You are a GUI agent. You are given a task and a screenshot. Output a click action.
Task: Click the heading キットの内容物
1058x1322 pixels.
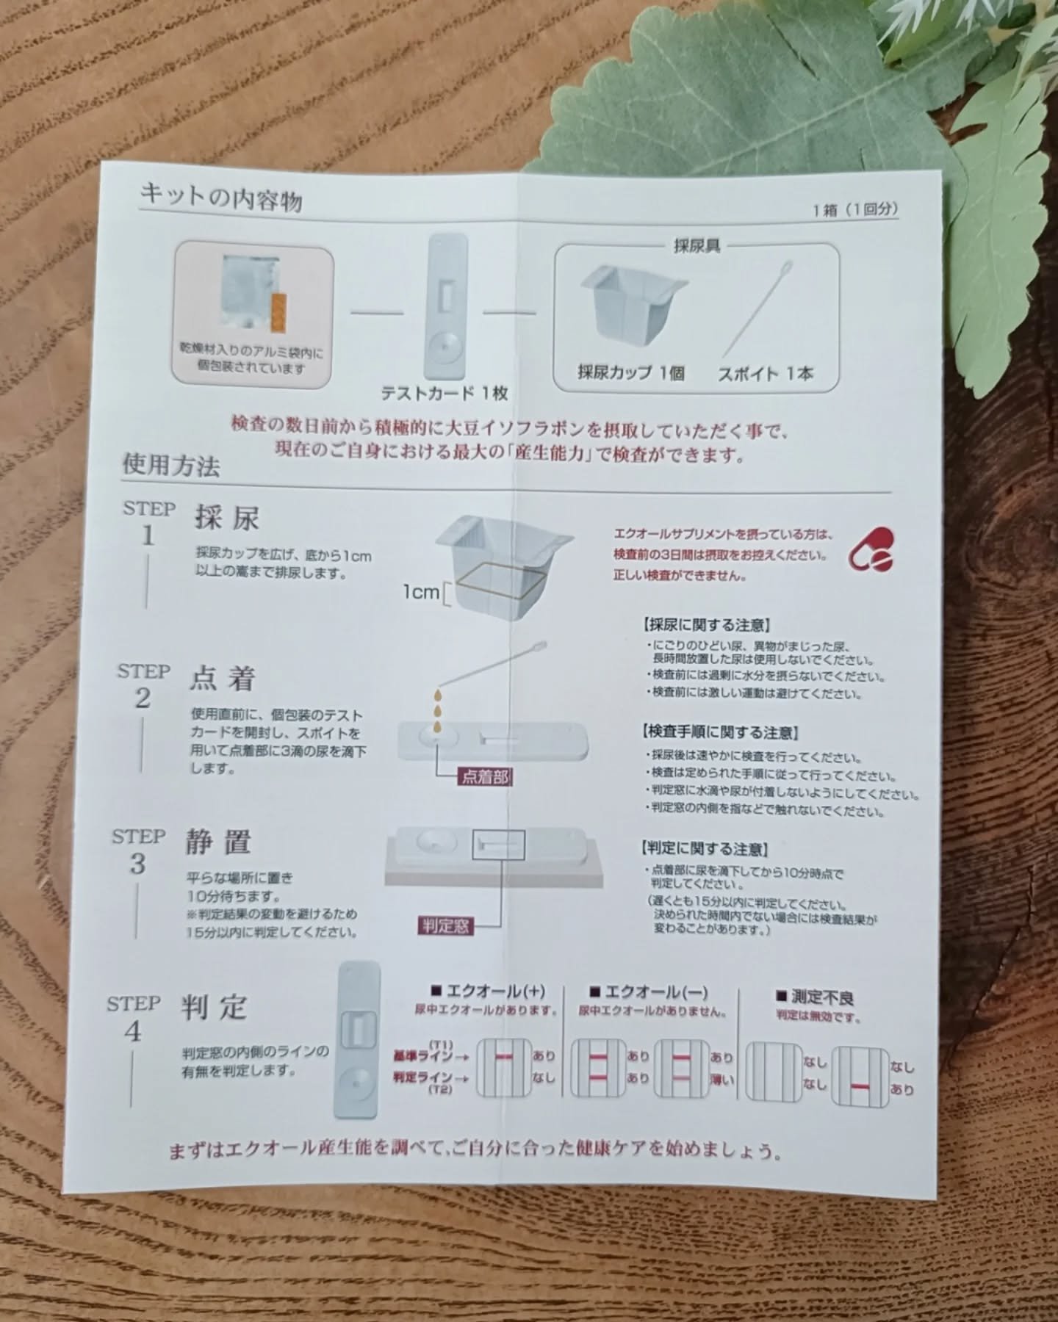tap(221, 197)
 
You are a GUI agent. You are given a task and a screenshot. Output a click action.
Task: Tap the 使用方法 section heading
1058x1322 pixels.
tap(170, 464)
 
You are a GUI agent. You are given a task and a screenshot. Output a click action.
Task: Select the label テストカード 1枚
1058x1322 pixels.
tap(445, 393)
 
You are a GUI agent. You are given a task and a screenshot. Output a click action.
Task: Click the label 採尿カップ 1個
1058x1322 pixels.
tap(630, 372)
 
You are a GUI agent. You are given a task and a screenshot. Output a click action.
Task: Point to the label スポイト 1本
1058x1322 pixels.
tap(766, 374)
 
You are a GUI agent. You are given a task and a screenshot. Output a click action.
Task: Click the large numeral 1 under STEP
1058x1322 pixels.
tap(148, 535)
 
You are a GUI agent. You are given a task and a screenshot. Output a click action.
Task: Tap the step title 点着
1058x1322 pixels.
tap(222, 679)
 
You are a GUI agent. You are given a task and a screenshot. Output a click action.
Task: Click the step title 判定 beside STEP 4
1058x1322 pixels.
tap(214, 1008)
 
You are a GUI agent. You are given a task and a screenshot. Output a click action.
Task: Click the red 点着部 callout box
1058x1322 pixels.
tap(485, 776)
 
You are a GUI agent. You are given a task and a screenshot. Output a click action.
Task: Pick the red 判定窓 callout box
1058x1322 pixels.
tap(446, 926)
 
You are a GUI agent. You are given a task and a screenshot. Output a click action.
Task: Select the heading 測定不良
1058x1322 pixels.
tap(816, 997)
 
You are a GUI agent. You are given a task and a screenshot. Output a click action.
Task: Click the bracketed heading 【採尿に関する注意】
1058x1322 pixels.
tap(706, 626)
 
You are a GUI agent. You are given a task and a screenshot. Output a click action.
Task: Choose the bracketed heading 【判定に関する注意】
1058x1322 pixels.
tap(705, 850)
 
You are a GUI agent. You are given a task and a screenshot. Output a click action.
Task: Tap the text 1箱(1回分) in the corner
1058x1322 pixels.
tap(855, 209)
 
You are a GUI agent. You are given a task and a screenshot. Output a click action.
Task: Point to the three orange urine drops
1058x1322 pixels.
tap(438, 709)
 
